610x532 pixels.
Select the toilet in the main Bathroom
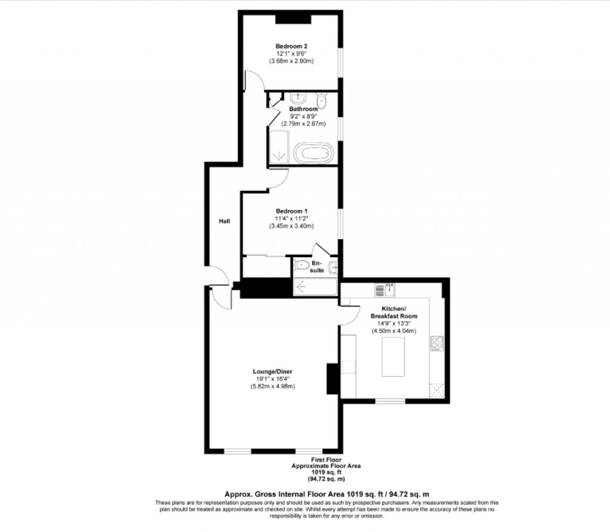[322, 101]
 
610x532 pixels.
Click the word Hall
[223, 221]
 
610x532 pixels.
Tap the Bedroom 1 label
[291, 211]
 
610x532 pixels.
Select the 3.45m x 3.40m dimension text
[291, 226]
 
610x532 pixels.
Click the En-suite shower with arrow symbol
[315, 286]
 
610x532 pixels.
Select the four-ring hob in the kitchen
[437, 344]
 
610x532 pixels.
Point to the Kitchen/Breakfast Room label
[393, 312]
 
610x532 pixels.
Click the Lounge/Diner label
[272, 372]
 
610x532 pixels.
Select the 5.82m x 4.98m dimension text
[273, 387]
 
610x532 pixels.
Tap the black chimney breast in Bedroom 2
[293, 19]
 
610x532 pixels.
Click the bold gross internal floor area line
[326, 494]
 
